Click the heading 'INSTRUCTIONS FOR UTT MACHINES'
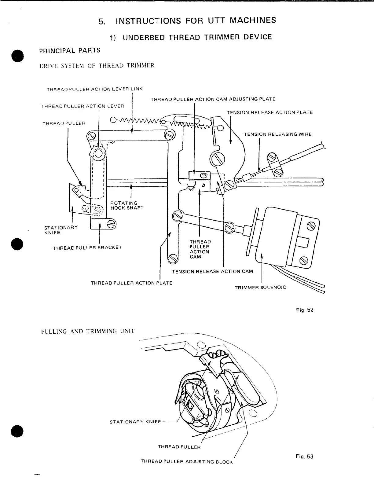click(x=196, y=21)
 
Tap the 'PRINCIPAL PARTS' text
click(x=70, y=50)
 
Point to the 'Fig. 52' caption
click(x=305, y=310)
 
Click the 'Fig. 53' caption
click(x=305, y=457)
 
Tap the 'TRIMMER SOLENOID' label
click(x=261, y=288)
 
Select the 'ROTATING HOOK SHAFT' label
click(x=127, y=205)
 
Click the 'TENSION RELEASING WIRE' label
click(x=278, y=134)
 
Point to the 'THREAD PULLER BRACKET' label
click(x=87, y=248)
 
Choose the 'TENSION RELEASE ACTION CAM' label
click(x=212, y=271)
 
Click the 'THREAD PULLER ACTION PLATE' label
click(x=131, y=283)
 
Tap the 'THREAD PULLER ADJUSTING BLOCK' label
click(x=187, y=461)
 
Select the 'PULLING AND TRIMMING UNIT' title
click(x=88, y=331)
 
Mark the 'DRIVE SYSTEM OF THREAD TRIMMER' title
click(x=97, y=65)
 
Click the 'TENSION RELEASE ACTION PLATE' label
click(x=270, y=112)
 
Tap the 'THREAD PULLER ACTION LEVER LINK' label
click(x=94, y=89)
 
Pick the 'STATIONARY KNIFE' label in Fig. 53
click(x=135, y=422)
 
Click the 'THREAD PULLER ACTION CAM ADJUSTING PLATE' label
click(x=213, y=99)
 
